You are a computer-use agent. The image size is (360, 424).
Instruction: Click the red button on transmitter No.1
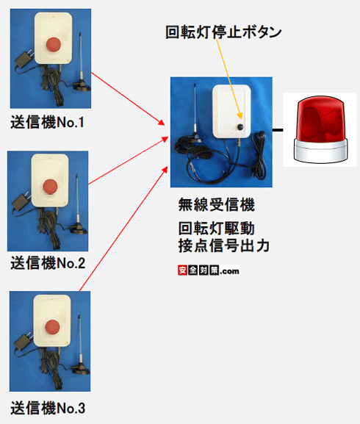[x=53, y=44]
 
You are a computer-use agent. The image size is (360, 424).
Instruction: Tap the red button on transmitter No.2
[x=50, y=187]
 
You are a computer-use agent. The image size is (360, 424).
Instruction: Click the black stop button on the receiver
[x=240, y=127]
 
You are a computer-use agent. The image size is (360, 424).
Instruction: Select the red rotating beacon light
[x=320, y=129]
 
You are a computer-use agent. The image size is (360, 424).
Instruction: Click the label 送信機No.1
[x=47, y=122]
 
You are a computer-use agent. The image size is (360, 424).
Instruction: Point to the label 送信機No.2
[x=48, y=263]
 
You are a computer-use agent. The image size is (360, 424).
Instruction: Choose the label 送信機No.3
[x=48, y=408]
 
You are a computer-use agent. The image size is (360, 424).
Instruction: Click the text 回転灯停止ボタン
[x=223, y=32]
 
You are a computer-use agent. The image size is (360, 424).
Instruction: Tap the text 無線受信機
[x=216, y=204]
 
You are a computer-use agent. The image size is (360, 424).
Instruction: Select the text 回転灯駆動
[x=216, y=229]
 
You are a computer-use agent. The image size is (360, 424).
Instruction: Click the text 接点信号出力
[x=224, y=245]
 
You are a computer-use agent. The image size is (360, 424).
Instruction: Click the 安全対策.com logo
[x=209, y=270]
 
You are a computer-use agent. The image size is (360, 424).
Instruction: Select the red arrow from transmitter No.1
[x=128, y=99]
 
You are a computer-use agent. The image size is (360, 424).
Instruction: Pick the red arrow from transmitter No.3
[x=123, y=229]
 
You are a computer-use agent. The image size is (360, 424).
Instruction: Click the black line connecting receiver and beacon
[x=278, y=130]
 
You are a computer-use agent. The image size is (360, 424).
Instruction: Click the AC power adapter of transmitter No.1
[x=24, y=60]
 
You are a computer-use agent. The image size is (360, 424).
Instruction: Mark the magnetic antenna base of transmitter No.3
[x=81, y=369]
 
